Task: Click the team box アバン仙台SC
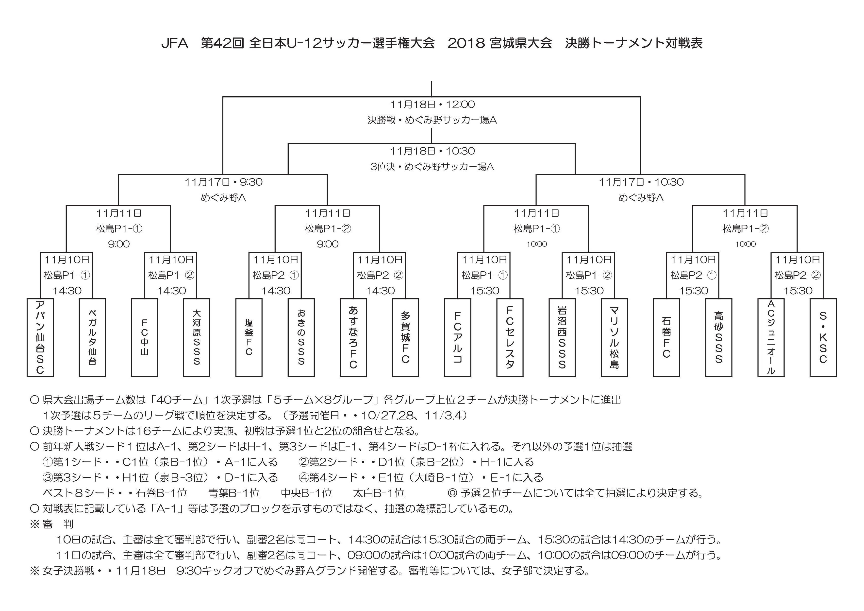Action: pos(40,337)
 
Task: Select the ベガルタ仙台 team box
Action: pos(92,337)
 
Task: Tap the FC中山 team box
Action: pos(145,337)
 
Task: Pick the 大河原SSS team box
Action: pos(197,337)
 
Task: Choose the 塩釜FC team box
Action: pos(249,337)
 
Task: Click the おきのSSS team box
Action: pos(301,337)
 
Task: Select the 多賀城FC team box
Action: pos(405,337)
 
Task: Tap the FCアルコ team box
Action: pos(458,337)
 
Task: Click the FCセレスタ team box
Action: pos(510,337)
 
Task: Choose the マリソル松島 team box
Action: pos(614,337)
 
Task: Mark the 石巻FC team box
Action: pos(666,337)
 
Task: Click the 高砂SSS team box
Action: pos(719,337)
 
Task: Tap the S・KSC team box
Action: pos(823,337)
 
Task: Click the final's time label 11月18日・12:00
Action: pos(432,104)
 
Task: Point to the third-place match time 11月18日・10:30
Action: pos(432,151)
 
